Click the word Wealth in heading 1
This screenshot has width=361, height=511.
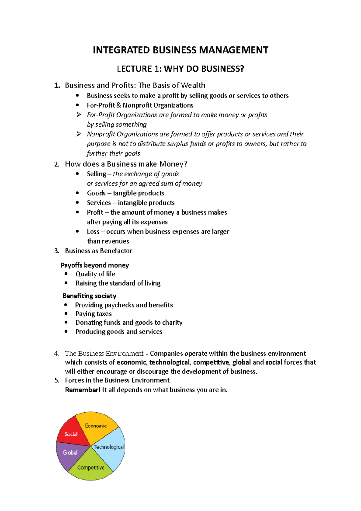coord(193,85)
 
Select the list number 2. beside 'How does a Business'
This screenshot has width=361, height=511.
coord(57,164)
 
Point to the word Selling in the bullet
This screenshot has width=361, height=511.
coord(96,174)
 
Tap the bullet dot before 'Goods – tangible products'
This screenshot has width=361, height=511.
coord(78,193)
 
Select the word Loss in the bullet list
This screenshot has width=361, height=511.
coord(93,232)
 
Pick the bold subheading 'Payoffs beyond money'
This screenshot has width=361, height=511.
coord(95,265)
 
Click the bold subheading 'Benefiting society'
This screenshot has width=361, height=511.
coord(89,296)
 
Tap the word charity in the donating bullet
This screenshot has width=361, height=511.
coord(172,323)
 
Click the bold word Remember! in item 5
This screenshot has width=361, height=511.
coord(83,390)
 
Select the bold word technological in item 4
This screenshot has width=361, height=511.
coord(169,362)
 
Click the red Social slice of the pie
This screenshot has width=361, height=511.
coord(71,434)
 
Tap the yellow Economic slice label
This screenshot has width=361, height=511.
coord(96,426)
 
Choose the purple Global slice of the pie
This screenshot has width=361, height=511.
coord(70,453)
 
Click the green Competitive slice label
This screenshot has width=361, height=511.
coord(91,467)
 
